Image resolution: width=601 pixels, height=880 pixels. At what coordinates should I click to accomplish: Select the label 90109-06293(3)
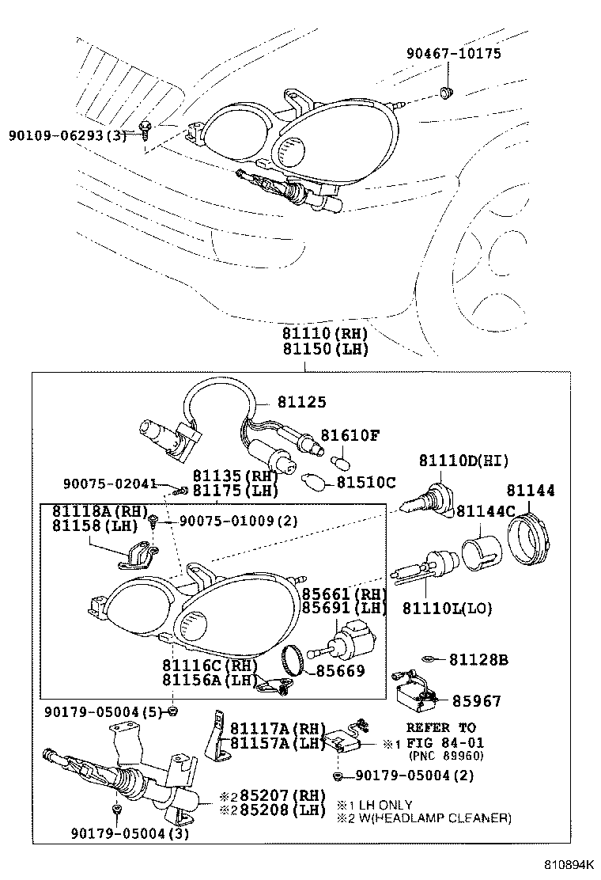click(x=67, y=135)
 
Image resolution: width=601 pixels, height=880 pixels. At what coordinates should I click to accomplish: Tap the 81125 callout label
click(x=301, y=403)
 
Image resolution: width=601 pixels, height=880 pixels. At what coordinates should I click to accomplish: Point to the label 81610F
click(x=350, y=435)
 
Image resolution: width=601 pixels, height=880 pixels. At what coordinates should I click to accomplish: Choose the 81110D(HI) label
click(x=463, y=461)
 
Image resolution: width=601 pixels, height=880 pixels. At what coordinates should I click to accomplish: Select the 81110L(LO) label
click(x=448, y=608)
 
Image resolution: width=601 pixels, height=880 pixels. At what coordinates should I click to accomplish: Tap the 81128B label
click(x=478, y=659)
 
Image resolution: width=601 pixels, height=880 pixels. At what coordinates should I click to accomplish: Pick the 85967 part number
click(x=476, y=701)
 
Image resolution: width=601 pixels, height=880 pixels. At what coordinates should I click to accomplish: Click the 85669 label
click(x=340, y=671)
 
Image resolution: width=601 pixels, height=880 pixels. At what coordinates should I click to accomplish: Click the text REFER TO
click(x=440, y=727)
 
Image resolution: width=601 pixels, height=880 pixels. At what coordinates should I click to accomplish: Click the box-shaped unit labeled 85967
click(x=416, y=694)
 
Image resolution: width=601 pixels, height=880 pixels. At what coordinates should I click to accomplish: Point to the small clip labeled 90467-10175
click(x=446, y=93)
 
